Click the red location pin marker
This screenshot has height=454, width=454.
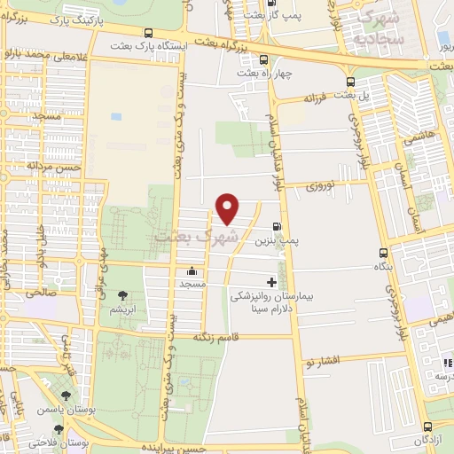coord(228,207)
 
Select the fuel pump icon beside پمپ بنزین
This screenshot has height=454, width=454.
coord(278,227)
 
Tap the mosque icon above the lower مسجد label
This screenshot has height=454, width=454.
coord(192,271)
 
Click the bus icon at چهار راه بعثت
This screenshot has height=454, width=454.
coord(263,61)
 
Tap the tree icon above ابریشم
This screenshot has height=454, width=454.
coord(121,296)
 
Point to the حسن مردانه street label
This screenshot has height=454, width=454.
coord(53,166)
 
